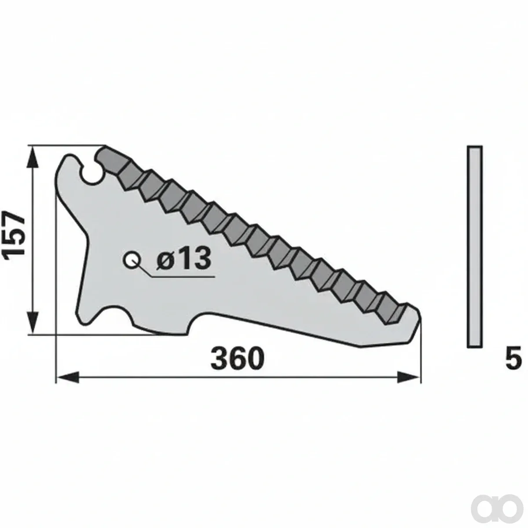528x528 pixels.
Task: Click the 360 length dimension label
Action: (237, 359)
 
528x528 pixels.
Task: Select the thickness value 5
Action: (513, 359)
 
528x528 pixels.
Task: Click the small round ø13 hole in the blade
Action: (132, 260)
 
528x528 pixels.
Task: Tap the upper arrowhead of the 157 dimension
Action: (33, 158)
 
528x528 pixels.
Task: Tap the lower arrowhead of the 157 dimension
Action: (33, 322)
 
